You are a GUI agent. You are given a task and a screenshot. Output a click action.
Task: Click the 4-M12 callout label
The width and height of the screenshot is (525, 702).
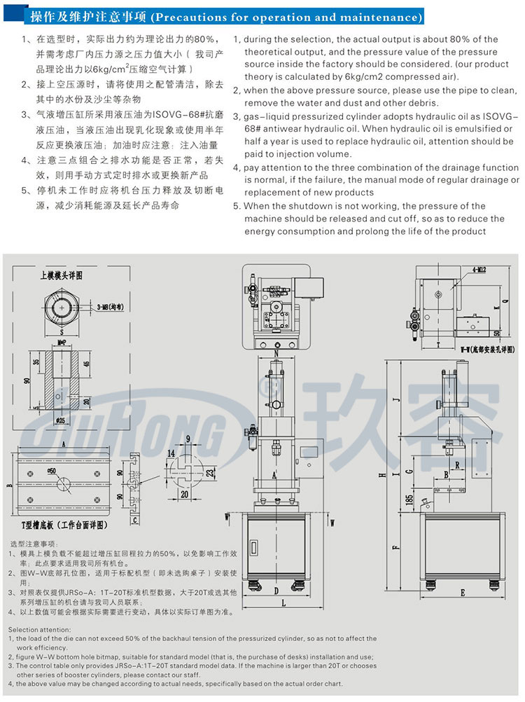tap(479, 268)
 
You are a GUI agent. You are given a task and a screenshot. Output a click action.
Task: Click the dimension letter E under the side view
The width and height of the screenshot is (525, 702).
tap(463, 592)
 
